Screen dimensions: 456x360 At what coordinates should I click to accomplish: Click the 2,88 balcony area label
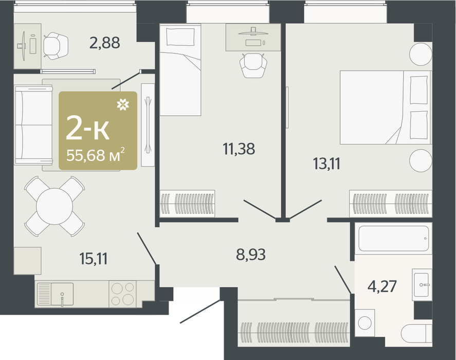point(105,43)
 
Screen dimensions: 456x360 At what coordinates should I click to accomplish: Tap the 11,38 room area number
point(239,149)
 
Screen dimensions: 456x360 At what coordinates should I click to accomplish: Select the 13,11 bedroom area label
point(326,164)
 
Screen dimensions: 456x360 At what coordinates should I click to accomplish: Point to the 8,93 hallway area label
point(251,255)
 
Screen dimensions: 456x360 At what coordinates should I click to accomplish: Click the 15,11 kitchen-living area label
point(94,259)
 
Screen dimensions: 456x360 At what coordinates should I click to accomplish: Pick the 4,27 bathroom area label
point(382,286)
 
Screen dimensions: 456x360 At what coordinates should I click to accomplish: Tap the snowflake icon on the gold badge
point(123,105)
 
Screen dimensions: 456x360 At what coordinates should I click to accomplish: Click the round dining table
point(54,206)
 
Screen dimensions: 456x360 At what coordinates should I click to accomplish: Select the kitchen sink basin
point(62,294)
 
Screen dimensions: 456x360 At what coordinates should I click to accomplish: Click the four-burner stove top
point(122,294)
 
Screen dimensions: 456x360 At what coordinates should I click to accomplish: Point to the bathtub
point(393,238)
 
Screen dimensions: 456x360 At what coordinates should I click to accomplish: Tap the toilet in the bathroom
point(416,334)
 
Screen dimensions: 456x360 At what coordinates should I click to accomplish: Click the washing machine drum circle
point(365,323)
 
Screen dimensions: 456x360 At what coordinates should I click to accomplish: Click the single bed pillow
point(180,37)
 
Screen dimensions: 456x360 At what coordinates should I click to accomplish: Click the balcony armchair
point(56,46)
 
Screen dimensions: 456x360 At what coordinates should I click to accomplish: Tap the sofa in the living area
point(33,125)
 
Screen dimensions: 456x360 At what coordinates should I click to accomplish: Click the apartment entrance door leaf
point(200,311)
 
